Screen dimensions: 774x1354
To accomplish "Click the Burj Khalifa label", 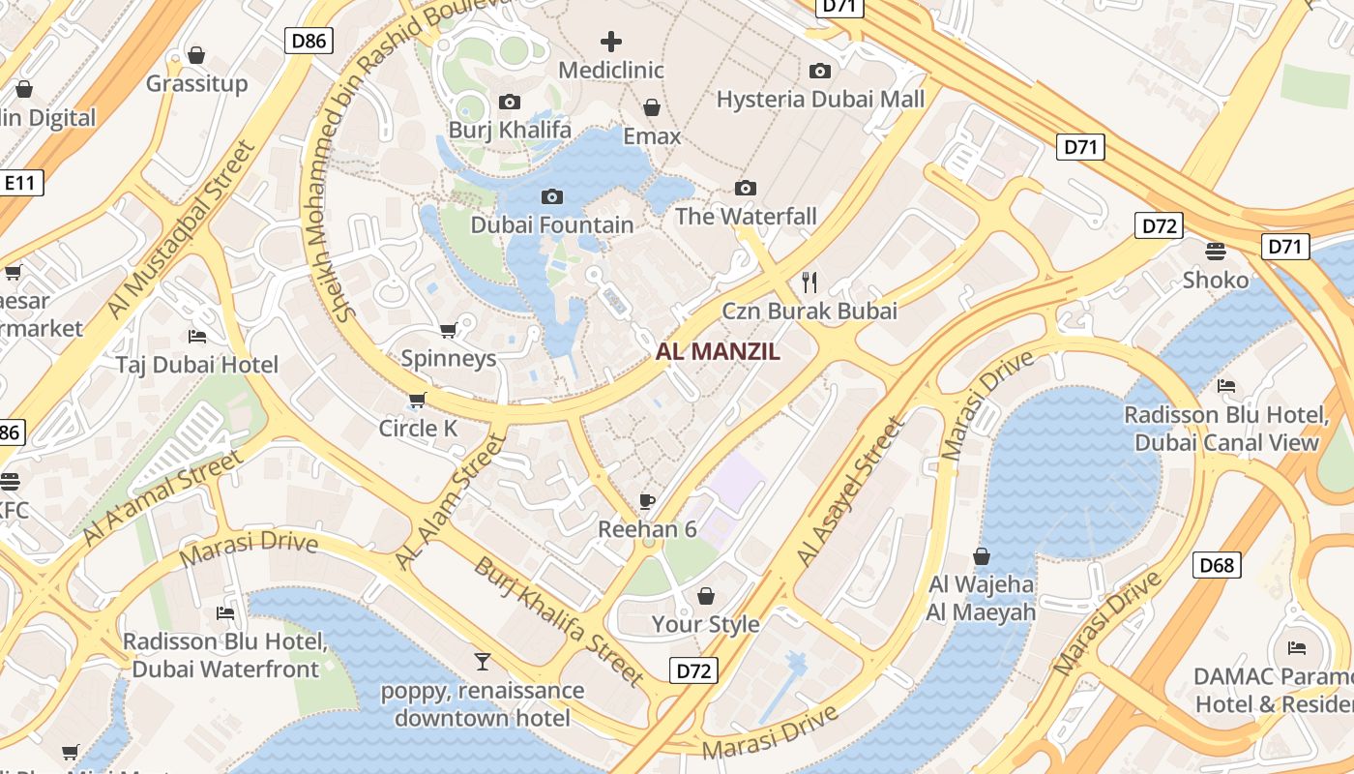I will tap(510, 130).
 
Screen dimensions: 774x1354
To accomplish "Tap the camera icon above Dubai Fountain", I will tap(551, 197).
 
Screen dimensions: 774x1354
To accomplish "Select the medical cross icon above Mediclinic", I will tap(611, 42).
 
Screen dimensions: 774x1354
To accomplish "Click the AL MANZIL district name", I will tap(718, 352).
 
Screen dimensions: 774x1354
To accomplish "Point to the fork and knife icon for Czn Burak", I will tap(810, 283).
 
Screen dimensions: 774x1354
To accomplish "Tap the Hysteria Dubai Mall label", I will tap(820, 99).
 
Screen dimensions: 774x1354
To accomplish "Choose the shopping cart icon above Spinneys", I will tap(448, 331).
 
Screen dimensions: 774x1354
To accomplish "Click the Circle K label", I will tap(418, 428).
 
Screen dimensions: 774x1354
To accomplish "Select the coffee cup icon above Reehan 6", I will tap(647, 501).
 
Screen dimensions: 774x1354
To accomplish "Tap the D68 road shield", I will tap(1217, 565).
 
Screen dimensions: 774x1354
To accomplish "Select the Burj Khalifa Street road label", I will tap(558, 620).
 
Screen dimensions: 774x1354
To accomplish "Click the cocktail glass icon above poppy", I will tap(482, 662).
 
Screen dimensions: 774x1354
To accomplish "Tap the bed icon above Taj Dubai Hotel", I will tap(197, 337).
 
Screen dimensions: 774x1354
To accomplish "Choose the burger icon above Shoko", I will tap(1216, 252).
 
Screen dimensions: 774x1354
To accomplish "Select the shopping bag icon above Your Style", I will tap(706, 596).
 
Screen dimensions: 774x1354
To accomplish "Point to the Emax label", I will tap(652, 136).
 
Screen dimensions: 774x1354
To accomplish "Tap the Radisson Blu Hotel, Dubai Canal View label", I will tap(1226, 429).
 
